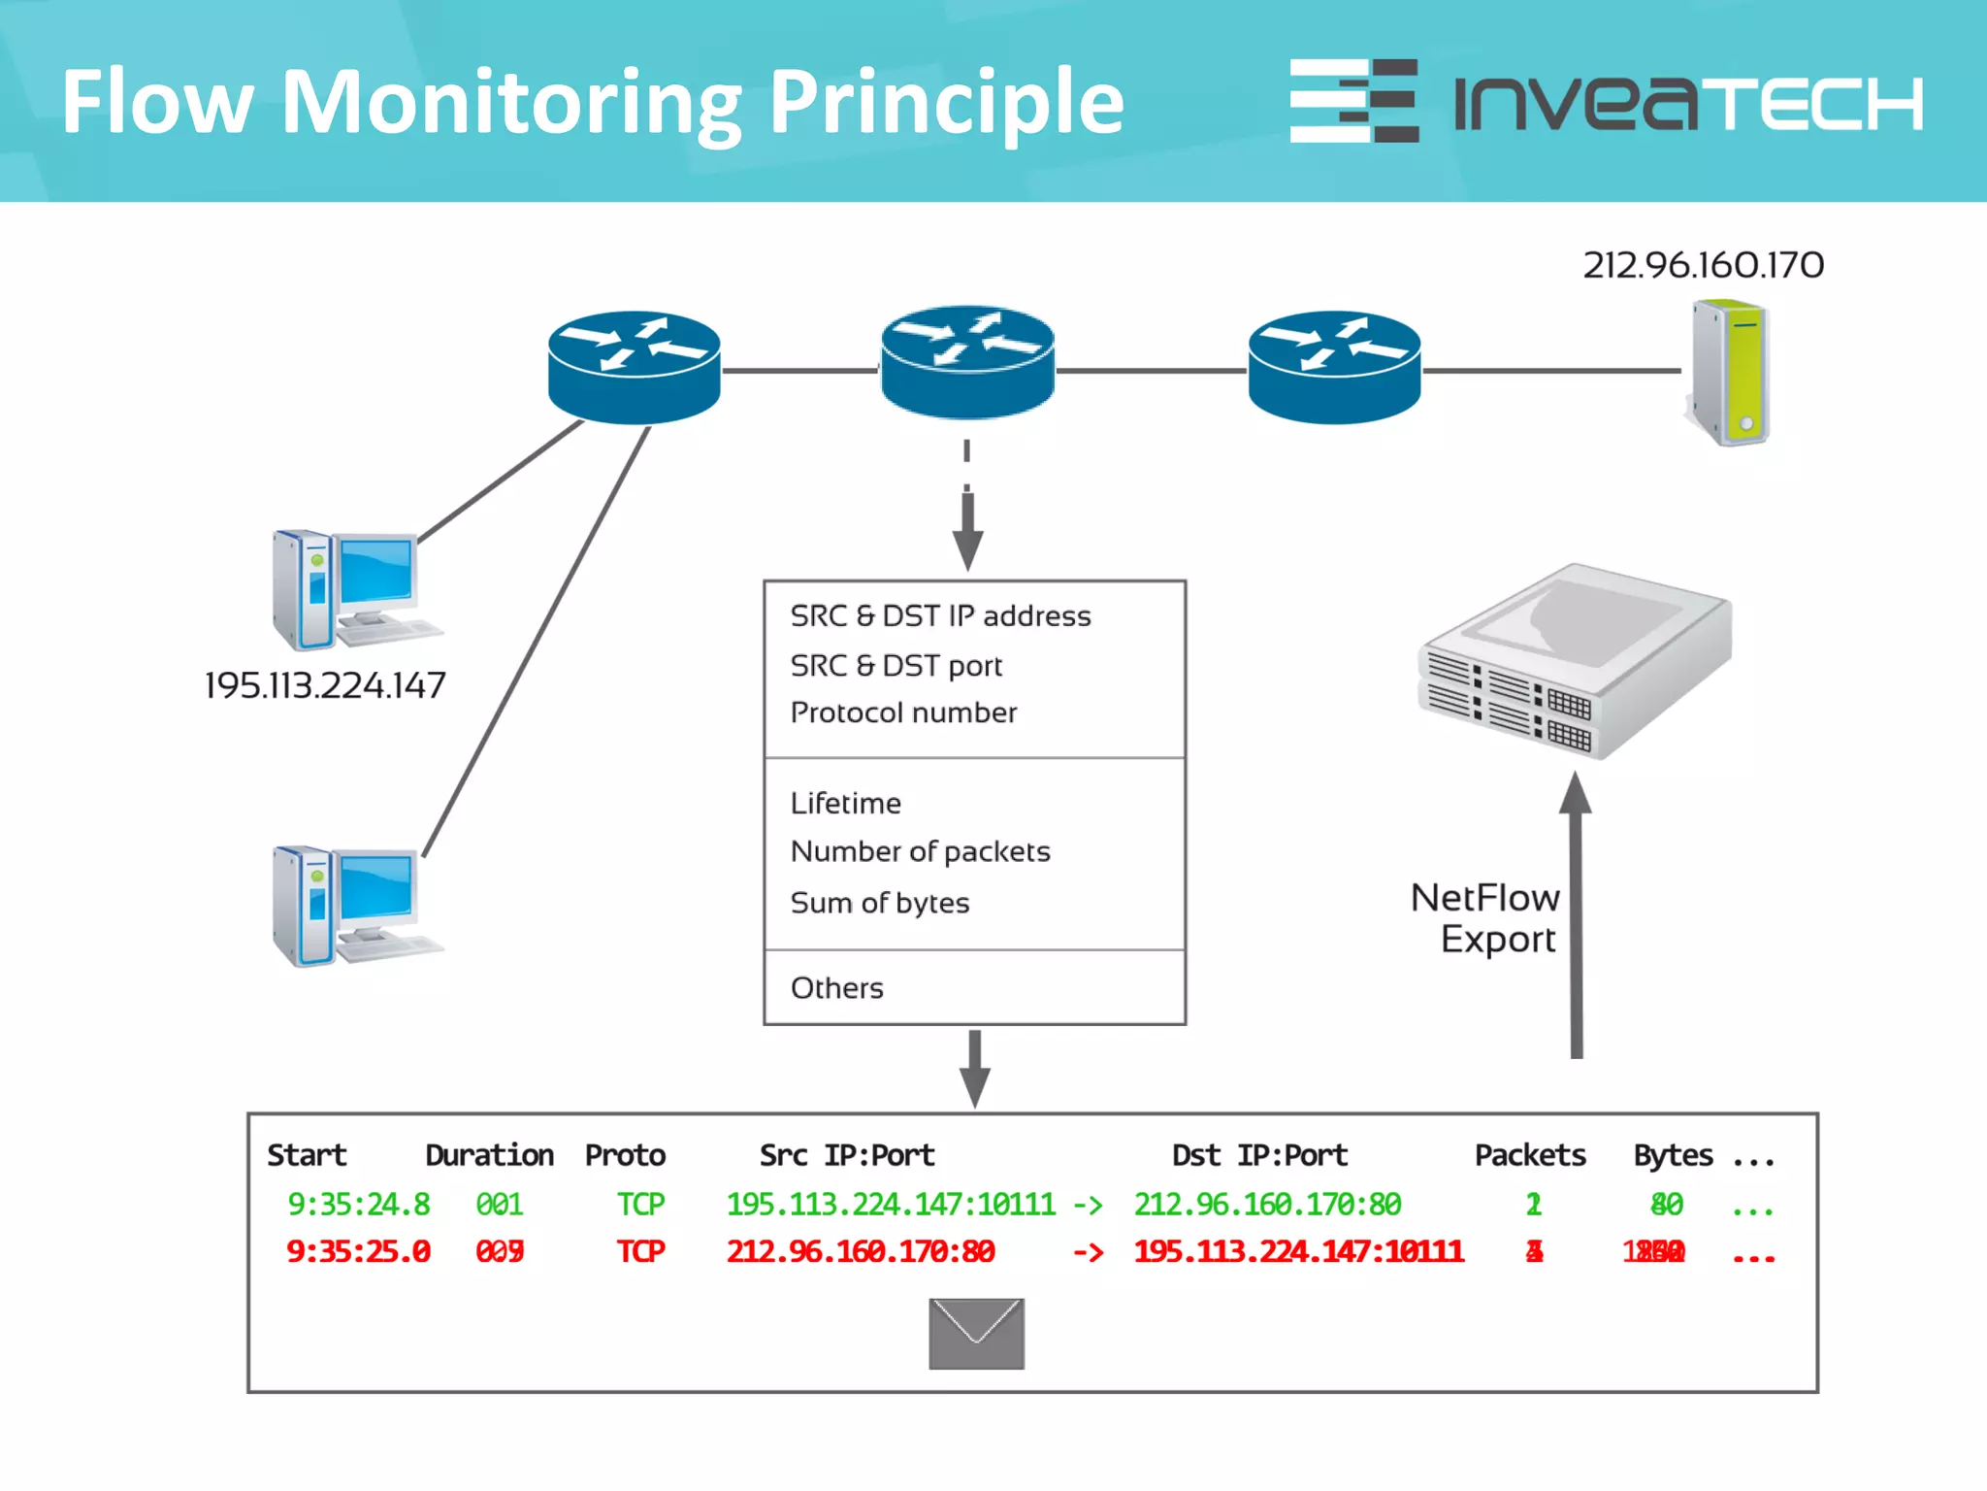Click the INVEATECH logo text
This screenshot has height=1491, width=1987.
tap(1688, 102)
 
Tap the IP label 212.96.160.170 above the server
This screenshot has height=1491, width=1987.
tap(1703, 265)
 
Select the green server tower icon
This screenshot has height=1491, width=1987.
tap(1732, 374)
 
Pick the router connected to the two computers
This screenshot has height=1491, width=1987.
tap(634, 367)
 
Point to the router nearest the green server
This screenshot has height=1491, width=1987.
tap(1334, 367)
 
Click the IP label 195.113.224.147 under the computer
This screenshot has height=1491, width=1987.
tap(325, 685)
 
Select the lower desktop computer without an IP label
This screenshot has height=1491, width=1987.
tap(354, 906)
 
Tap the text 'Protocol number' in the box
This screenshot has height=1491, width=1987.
tap(903, 712)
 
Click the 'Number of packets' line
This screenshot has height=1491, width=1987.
tap(920, 851)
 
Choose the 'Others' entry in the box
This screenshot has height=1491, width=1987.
tap(836, 988)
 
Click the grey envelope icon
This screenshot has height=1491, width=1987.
tap(976, 1334)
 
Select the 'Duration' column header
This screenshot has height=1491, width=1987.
tap(489, 1155)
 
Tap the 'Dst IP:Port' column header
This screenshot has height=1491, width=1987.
tap(1259, 1155)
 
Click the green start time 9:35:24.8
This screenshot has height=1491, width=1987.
tap(358, 1205)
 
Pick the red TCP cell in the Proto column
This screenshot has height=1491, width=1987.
tap(640, 1251)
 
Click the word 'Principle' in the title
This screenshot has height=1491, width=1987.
tap(946, 102)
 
